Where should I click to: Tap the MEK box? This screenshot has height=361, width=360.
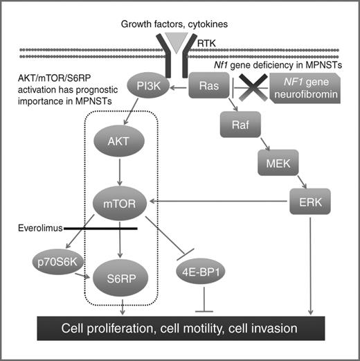[x=272, y=164]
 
